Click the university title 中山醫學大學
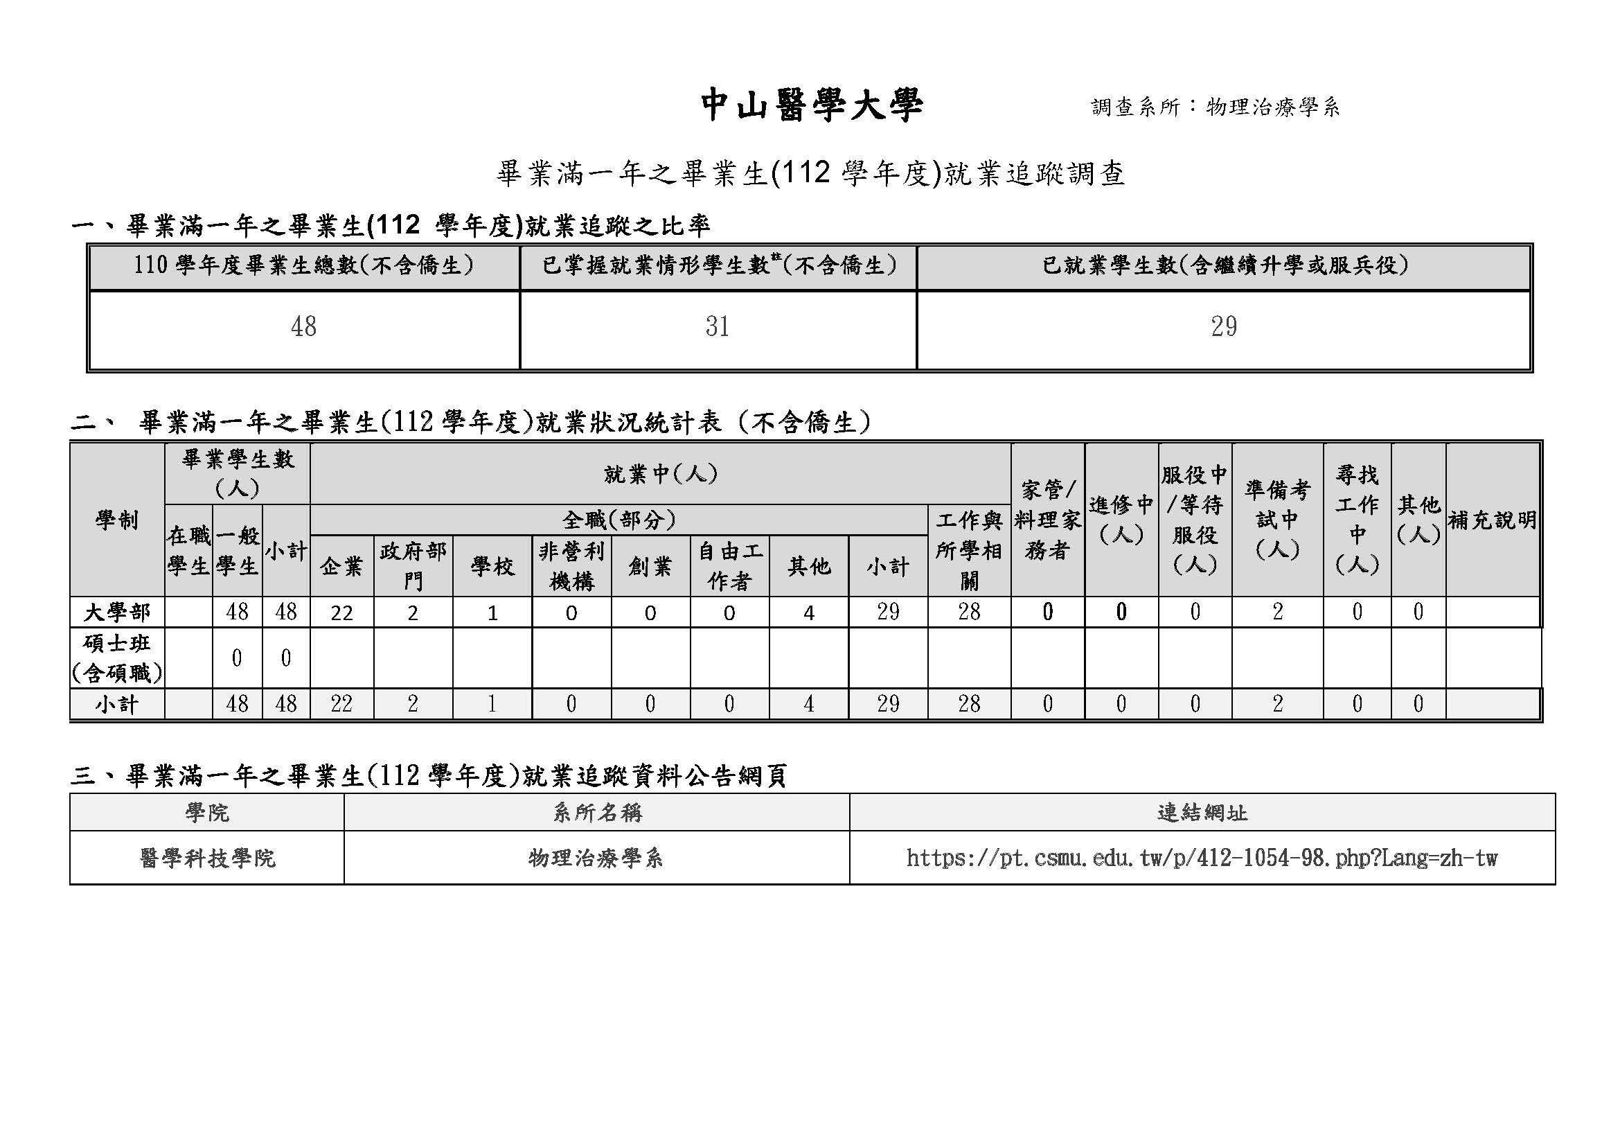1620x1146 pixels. [812, 107]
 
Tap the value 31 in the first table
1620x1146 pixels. [717, 327]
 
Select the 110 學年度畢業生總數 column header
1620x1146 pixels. [304, 266]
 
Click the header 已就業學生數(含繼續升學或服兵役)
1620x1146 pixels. [1224, 266]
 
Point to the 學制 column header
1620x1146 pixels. [117, 520]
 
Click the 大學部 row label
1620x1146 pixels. [117, 612]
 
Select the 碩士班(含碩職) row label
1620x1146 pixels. [117, 658]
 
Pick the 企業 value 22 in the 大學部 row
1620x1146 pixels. [341, 612]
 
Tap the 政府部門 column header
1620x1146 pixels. [413, 566]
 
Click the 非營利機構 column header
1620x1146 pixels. [571, 566]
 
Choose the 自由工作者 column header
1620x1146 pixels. [729, 566]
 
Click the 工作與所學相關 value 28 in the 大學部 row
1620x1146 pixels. [969, 612]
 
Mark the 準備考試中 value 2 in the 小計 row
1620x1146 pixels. [1277, 703]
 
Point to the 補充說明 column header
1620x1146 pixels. [1493, 520]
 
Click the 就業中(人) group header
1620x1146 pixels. [661, 474]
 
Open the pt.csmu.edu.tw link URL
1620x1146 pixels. [1202, 858]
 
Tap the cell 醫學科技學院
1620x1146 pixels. [208, 858]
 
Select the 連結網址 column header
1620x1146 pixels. [1202, 813]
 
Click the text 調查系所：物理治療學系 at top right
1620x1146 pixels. [1215, 107]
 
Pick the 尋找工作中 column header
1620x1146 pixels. [1357, 520]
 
